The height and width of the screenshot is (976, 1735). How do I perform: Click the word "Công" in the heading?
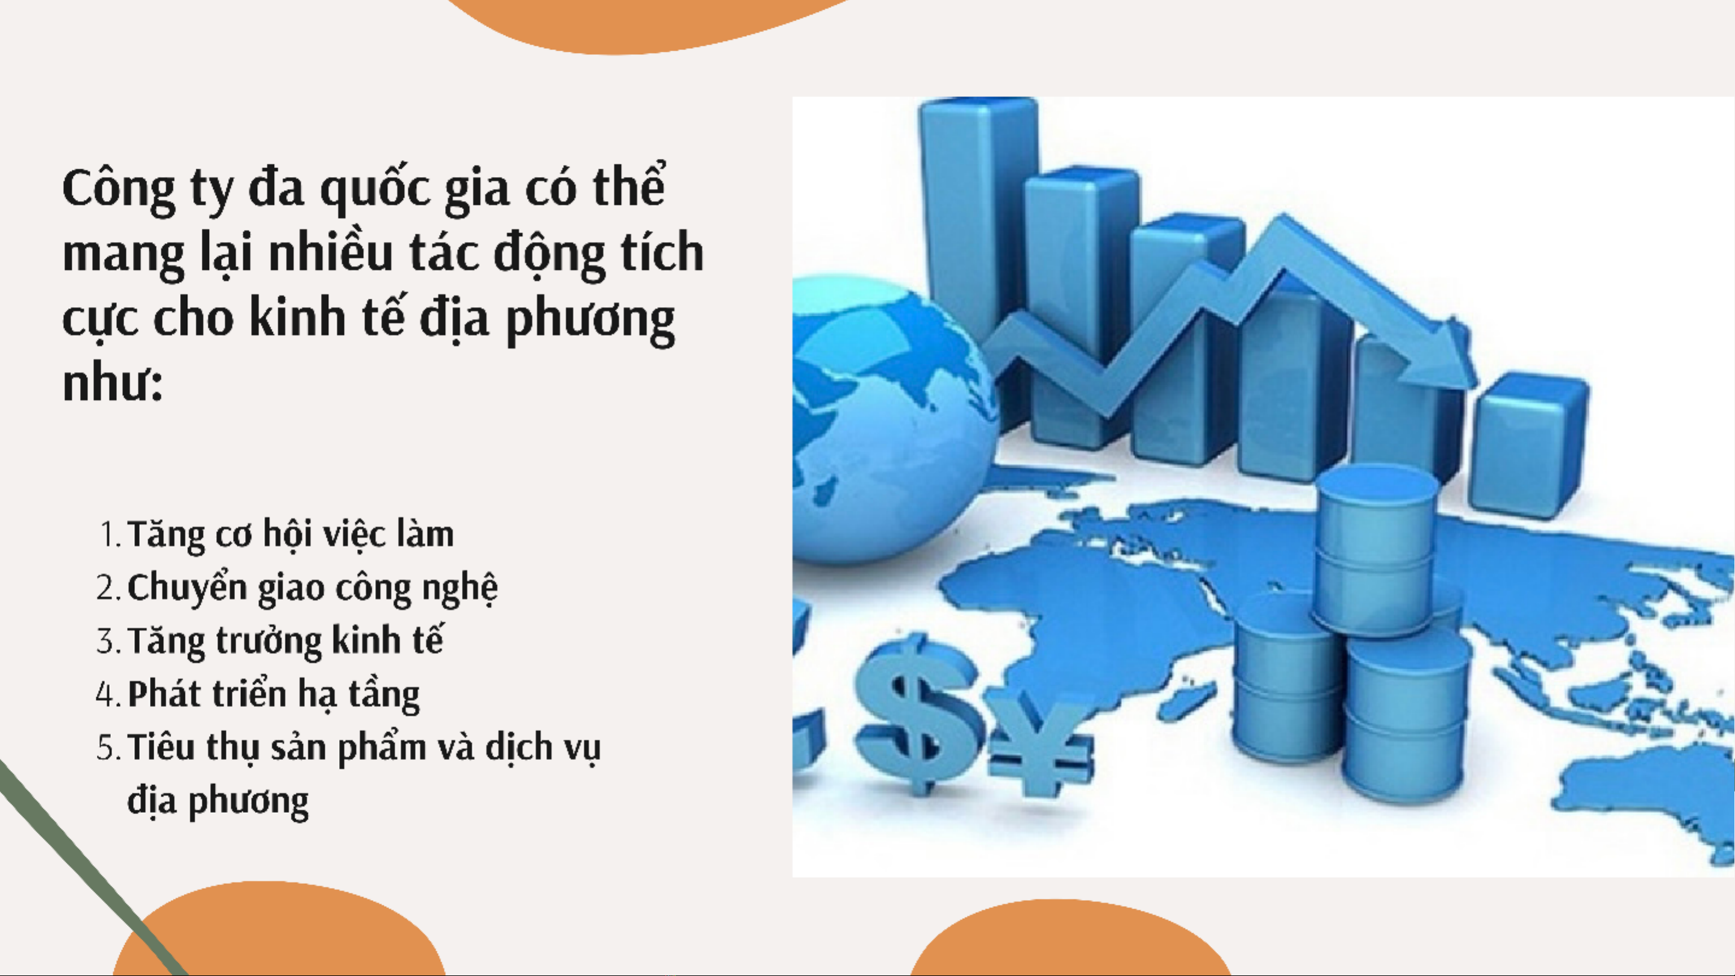coord(119,188)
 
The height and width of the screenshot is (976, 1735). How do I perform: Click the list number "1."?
coord(109,535)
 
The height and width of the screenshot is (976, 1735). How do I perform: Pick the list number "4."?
coord(108,694)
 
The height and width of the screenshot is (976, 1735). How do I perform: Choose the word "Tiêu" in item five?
coord(161,747)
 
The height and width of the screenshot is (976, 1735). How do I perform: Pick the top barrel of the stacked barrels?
coord(1374,549)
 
